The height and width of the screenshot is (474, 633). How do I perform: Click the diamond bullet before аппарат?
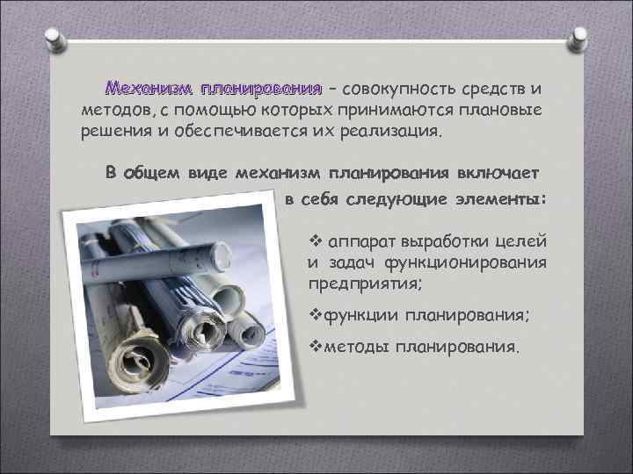click(317, 240)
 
